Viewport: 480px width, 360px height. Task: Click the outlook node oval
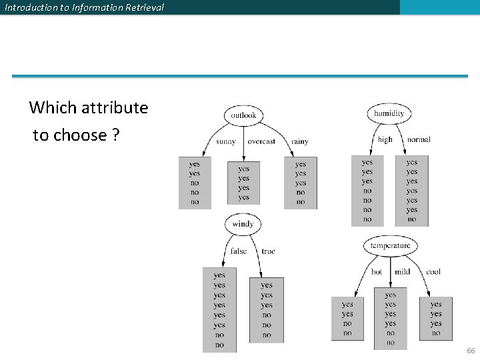click(x=243, y=115)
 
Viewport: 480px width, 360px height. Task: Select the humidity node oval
click(x=389, y=113)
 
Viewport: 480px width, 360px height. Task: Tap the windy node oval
click(x=243, y=224)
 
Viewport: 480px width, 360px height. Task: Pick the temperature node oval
click(x=390, y=246)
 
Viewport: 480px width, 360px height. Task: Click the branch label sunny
click(x=226, y=141)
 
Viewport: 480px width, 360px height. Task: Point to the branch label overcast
click(x=261, y=141)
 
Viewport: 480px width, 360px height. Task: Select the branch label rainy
click(x=300, y=141)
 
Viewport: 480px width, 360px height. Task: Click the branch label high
click(x=385, y=140)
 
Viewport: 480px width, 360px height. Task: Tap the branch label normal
click(x=419, y=140)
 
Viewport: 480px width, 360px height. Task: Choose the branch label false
click(x=238, y=251)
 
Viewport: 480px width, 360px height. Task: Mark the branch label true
click(x=268, y=251)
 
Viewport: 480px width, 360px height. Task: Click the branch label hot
click(x=377, y=272)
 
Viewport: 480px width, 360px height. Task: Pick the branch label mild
click(x=402, y=272)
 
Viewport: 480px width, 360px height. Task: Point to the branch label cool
click(x=433, y=272)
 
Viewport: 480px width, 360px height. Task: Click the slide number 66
click(x=471, y=351)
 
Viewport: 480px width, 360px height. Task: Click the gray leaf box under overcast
click(x=244, y=183)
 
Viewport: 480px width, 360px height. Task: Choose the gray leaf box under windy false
click(x=219, y=309)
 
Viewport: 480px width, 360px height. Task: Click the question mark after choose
click(x=116, y=135)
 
